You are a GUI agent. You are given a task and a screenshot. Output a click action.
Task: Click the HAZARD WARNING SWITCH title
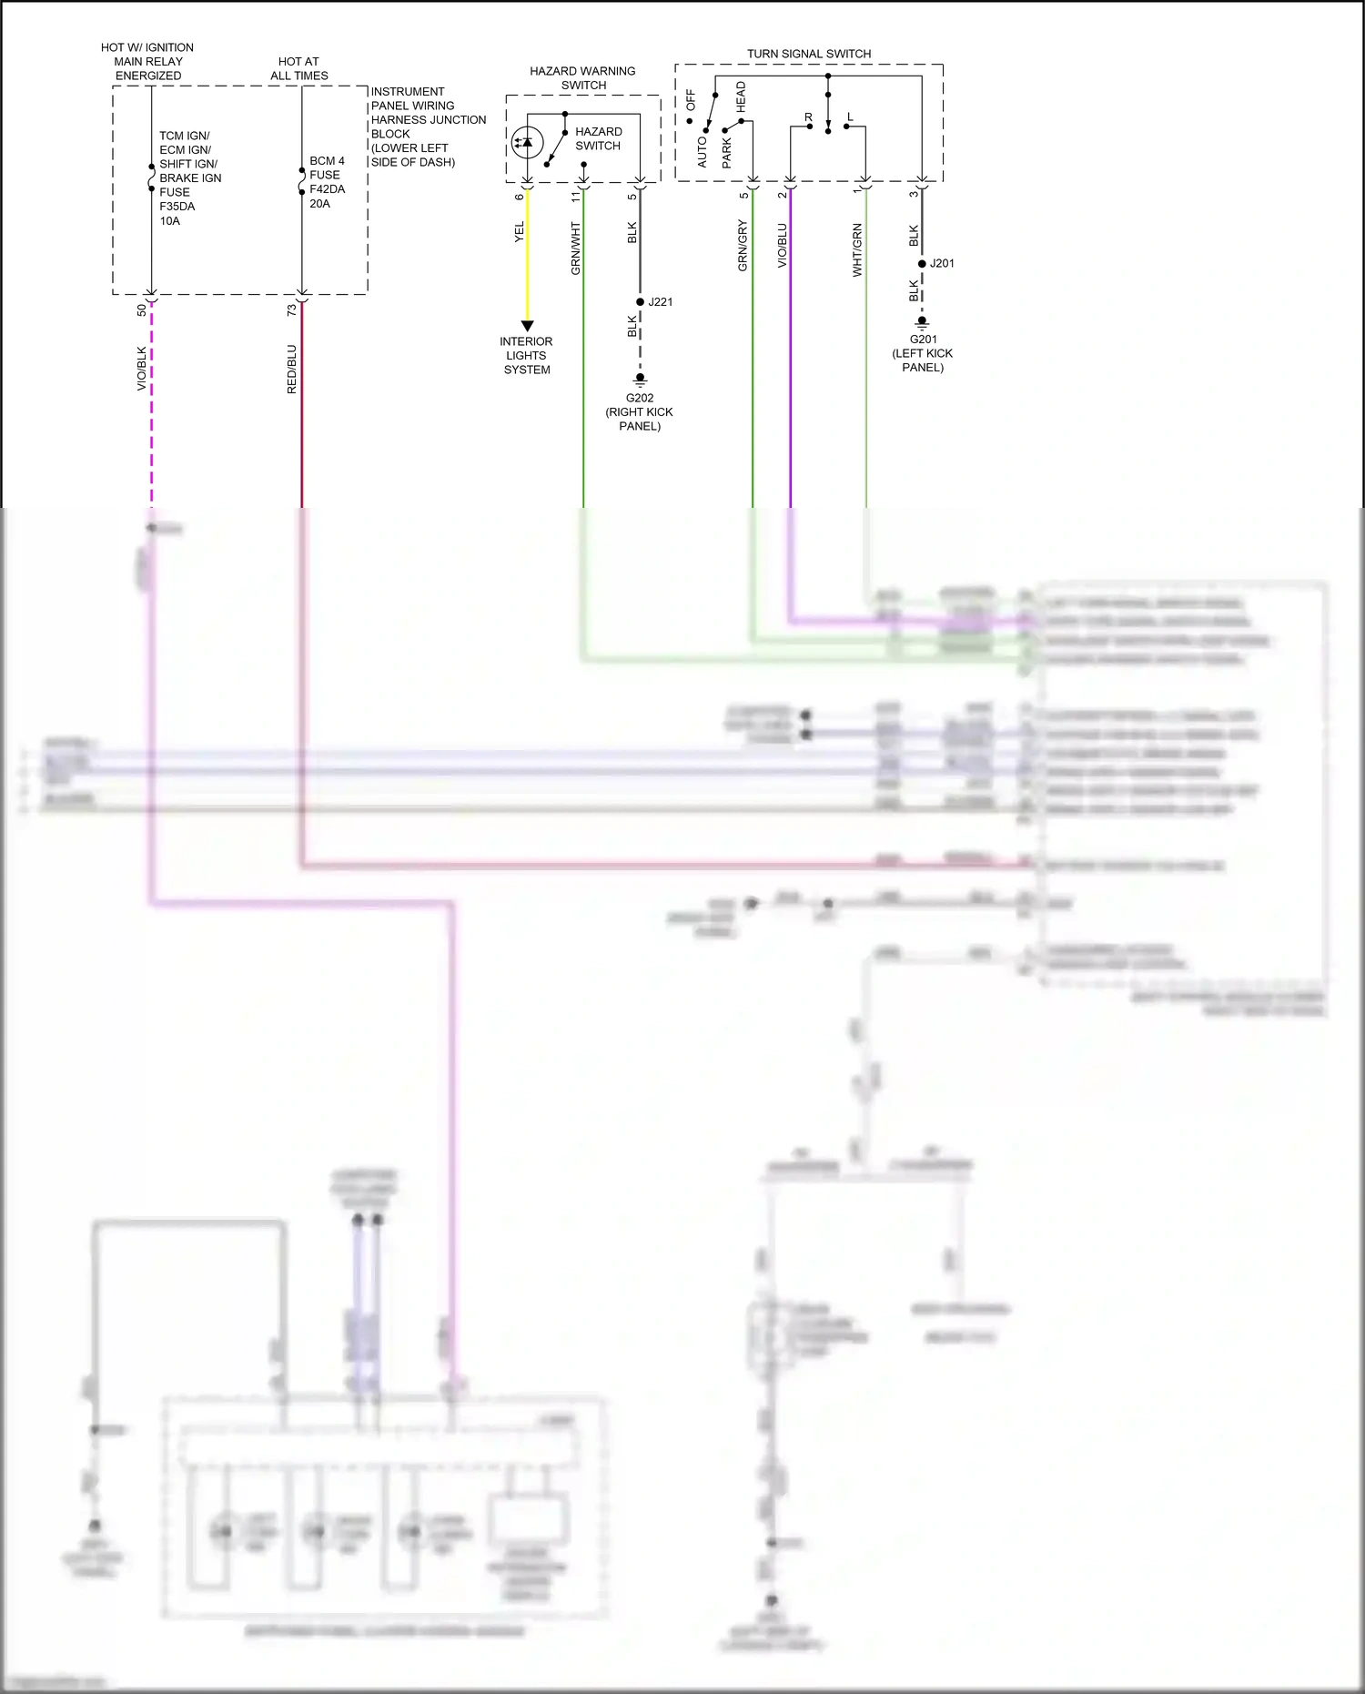click(582, 78)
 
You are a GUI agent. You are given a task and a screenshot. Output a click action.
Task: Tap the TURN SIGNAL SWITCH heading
click(808, 54)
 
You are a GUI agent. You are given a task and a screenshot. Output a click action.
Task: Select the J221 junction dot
click(641, 302)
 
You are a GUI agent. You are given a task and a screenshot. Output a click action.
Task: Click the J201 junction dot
click(922, 264)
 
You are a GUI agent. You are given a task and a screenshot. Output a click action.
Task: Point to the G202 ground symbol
click(641, 379)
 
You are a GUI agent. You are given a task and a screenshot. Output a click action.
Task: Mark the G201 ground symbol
click(922, 322)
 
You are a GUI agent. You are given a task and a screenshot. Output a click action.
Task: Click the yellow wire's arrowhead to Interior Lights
click(527, 326)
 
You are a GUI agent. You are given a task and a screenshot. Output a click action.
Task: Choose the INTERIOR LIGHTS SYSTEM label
click(527, 356)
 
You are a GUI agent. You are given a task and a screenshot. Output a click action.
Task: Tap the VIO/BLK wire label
click(141, 369)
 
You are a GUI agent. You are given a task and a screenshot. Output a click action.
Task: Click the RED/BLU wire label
click(291, 369)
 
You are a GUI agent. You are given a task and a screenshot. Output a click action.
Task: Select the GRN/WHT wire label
click(575, 249)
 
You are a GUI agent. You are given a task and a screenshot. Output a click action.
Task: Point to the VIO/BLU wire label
click(782, 246)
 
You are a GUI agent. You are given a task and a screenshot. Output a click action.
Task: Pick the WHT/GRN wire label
click(856, 250)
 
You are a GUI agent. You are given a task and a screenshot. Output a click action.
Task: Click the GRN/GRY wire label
click(743, 246)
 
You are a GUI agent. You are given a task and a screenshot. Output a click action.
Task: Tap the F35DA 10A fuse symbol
click(152, 178)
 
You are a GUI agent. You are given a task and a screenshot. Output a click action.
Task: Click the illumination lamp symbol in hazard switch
click(527, 143)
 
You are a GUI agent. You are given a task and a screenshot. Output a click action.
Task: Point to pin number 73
click(291, 310)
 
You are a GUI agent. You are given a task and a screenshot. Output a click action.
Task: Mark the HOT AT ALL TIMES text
click(298, 68)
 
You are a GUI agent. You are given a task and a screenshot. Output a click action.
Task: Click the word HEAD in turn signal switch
click(741, 96)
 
